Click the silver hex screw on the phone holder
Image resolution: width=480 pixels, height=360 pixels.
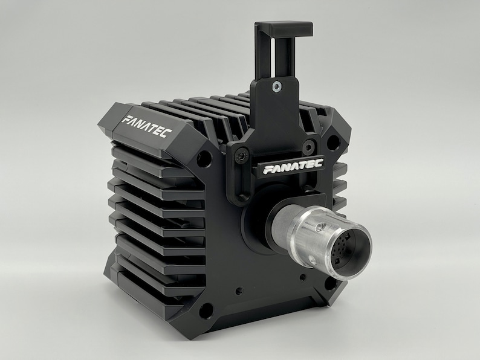pyautogui.click(x=276, y=86)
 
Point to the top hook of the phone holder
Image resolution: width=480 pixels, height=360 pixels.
pyautogui.click(x=284, y=28)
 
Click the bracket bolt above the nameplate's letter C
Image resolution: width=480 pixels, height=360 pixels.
pyautogui.click(x=309, y=146)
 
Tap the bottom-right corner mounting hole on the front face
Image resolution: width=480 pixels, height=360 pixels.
pyautogui.click(x=330, y=282)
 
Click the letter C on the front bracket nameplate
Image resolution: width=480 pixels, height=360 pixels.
pyautogui.click(x=319, y=162)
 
